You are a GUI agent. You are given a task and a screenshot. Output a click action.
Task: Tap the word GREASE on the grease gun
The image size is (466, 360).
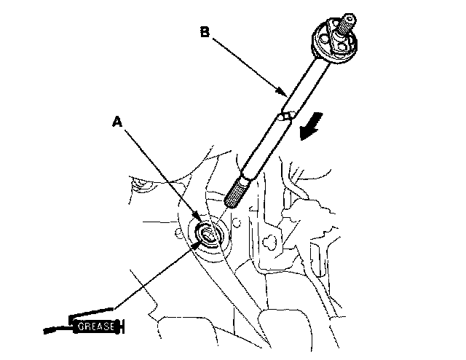(95, 327)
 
